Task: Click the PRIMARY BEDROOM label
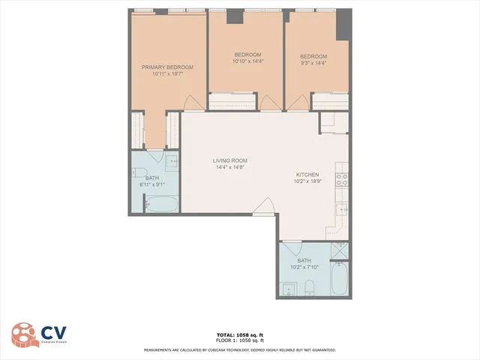pyautogui.click(x=167, y=67)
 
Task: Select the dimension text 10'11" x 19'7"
pyautogui.click(x=167, y=74)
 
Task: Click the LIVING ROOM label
pyautogui.click(x=230, y=160)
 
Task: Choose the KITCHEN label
pyautogui.click(x=308, y=174)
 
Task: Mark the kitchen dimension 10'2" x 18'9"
pyautogui.click(x=308, y=181)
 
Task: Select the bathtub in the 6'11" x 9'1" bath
pyautogui.click(x=160, y=205)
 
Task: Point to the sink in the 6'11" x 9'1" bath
pyautogui.click(x=172, y=161)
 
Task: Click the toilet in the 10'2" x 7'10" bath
pyautogui.click(x=310, y=287)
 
